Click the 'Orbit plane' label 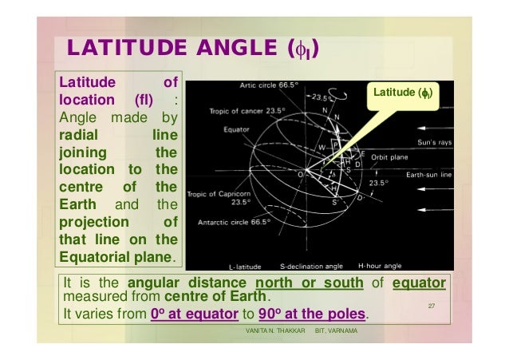tap(389, 157)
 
